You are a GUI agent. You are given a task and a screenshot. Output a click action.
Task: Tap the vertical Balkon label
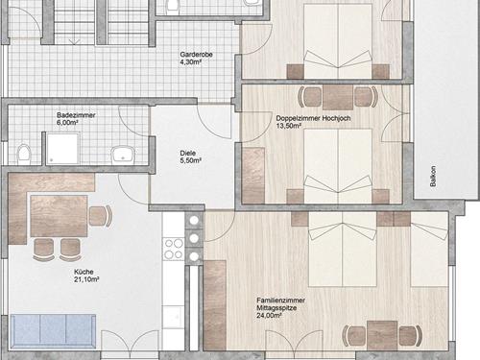(x=433, y=176)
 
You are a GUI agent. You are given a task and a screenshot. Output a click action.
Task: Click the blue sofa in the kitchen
(x=53, y=331)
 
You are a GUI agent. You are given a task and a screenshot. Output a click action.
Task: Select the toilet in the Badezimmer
(x=24, y=154)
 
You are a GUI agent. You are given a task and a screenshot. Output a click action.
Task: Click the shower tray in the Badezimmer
(x=62, y=149)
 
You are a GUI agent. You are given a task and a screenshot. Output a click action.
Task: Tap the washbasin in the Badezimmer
(x=123, y=154)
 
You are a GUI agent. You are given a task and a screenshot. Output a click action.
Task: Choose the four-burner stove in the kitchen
(x=174, y=249)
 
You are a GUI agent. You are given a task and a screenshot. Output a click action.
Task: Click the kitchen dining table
(x=59, y=216)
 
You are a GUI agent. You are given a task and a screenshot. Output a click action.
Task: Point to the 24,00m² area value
(x=269, y=316)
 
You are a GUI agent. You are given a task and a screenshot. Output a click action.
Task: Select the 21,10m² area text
(x=86, y=279)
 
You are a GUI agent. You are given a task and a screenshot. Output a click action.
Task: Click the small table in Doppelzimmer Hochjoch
(x=338, y=97)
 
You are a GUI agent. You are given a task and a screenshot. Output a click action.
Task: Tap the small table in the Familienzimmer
(x=382, y=335)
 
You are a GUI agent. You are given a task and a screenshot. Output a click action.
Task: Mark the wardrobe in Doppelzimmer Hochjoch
(x=253, y=176)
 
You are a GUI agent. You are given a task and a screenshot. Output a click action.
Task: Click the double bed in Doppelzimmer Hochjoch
(x=338, y=166)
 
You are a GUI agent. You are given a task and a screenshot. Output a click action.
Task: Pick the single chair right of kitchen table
(x=100, y=216)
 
